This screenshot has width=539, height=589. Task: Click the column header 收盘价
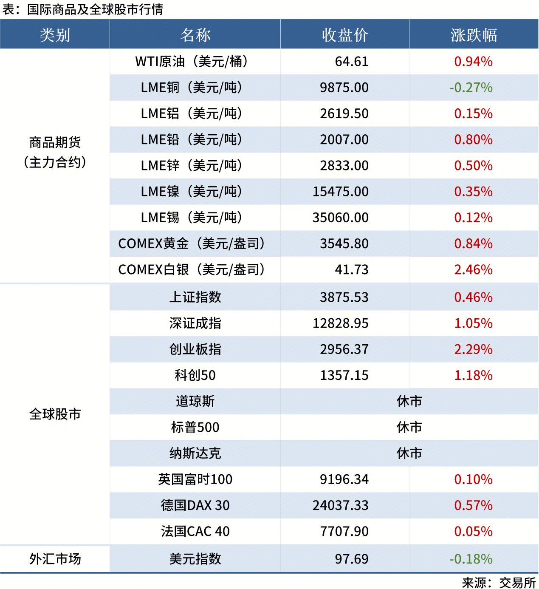click(344, 35)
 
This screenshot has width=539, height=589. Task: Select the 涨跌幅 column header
click(474, 35)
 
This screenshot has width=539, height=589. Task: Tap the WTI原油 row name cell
click(192, 62)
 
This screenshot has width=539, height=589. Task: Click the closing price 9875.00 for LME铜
click(344, 88)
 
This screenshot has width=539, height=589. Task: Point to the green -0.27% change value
click(471, 88)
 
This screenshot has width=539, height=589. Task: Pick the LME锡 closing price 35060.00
click(340, 218)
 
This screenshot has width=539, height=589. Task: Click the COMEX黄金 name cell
click(192, 244)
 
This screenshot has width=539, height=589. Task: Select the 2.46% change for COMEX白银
click(473, 269)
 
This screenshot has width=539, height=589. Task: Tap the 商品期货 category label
click(55, 142)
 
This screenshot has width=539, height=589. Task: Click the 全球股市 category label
click(55, 414)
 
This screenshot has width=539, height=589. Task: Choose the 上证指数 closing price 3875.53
click(344, 297)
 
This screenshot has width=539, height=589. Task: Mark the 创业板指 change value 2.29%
click(473, 349)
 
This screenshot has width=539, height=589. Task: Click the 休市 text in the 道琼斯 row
click(409, 401)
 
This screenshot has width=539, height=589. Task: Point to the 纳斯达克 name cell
click(195, 453)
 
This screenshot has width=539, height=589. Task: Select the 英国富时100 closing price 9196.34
click(344, 479)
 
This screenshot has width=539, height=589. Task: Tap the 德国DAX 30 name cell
click(195, 505)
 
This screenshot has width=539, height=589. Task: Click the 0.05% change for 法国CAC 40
click(473, 531)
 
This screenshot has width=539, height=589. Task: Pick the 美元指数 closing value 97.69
click(351, 559)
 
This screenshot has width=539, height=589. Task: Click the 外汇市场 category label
click(55, 559)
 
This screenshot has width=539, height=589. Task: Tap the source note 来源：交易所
click(499, 583)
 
